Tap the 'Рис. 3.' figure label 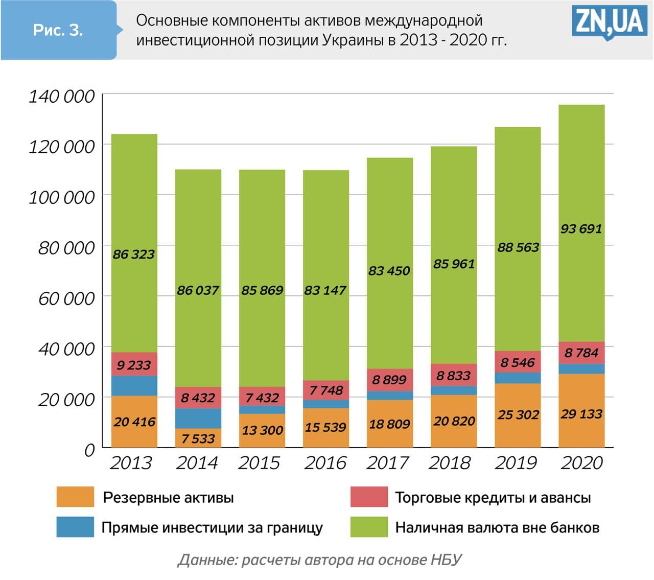(x=58, y=30)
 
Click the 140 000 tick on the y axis (x=62, y=96)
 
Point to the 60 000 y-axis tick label (x=66, y=298)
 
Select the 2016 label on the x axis (x=325, y=463)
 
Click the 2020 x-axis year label (x=582, y=463)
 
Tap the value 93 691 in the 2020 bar (x=581, y=228)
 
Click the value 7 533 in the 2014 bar (x=198, y=438)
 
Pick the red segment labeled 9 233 (x=134, y=365)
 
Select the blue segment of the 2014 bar (x=198, y=418)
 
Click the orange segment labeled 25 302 (x=518, y=414)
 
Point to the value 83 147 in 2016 (x=325, y=290)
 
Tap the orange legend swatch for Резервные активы (x=75, y=497)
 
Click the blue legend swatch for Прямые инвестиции (x=75, y=527)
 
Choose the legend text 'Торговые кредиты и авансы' (x=493, y=498)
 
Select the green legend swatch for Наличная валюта (x=369, y=527)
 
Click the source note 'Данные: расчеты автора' (x=319, y=560)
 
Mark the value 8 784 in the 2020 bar (x=581, y=353)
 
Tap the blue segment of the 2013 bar (x=134, y=386)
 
